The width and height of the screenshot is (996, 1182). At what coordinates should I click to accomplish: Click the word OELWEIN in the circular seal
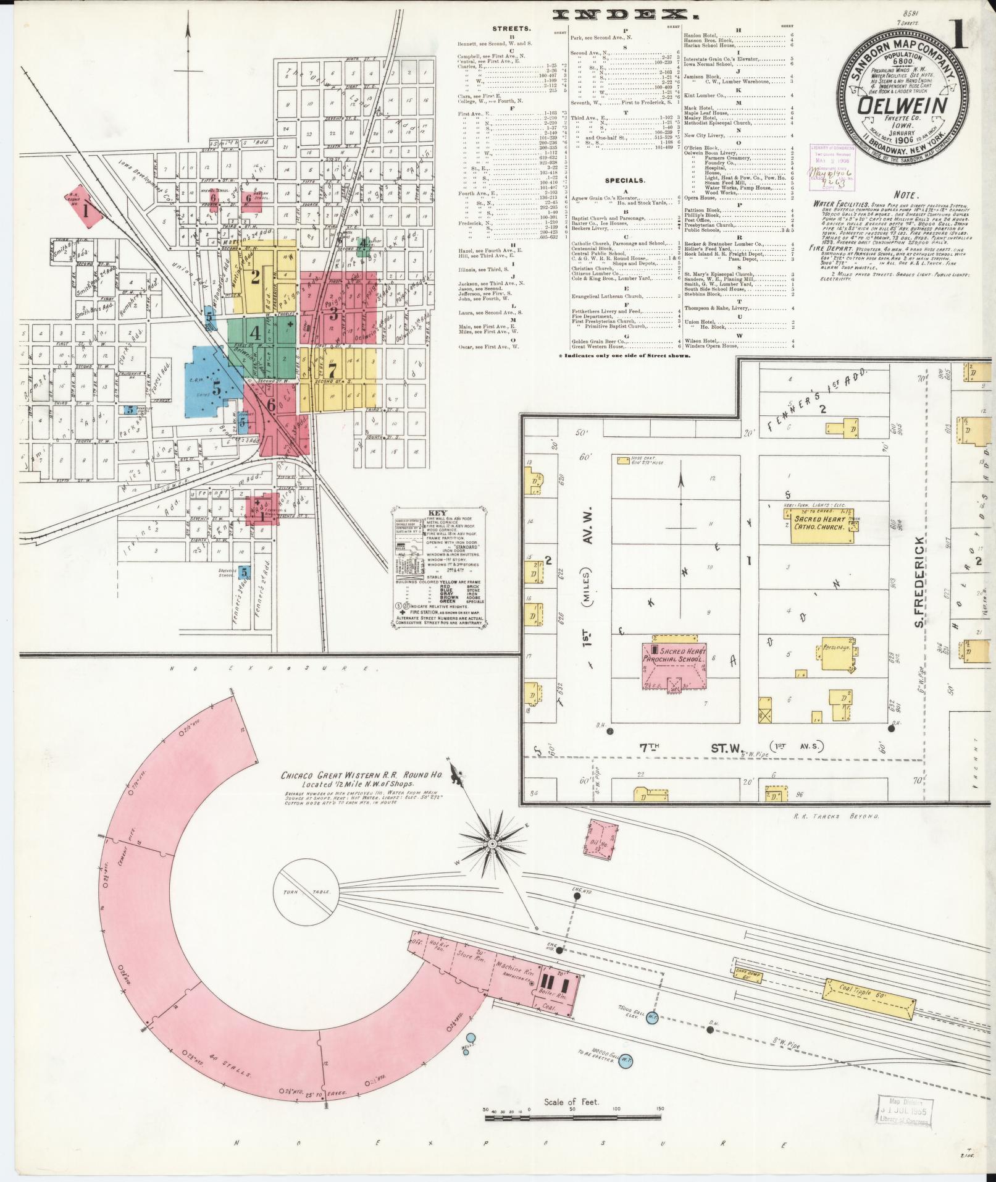(x=902, y=106)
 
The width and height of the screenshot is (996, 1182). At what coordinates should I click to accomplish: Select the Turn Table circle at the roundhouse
(x=307, y=892)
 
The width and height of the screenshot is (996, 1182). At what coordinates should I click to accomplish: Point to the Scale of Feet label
(x=571, y=1102)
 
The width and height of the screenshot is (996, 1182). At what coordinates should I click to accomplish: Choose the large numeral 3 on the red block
(x=333, y=313)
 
